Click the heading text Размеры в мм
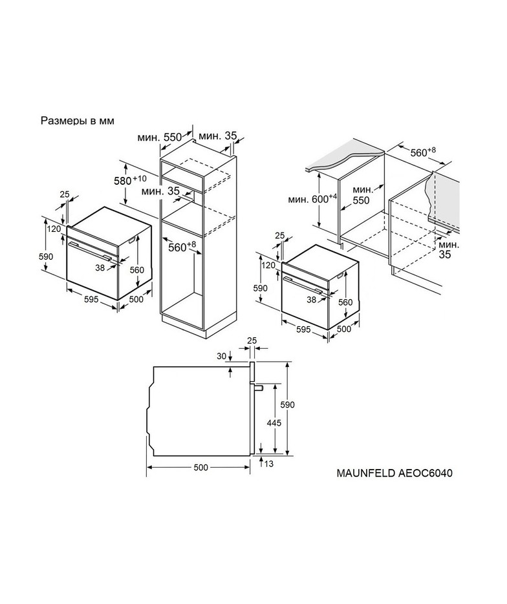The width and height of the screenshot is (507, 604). pos(78,121)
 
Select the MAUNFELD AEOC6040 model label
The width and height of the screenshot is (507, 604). pos(394,473)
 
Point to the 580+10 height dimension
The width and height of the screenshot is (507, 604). pos(131,180)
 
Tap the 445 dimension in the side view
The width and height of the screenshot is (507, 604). pos(274,422)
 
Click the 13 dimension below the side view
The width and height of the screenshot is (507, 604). pos(269,463)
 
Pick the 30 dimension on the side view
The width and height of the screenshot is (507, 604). pos(221,357)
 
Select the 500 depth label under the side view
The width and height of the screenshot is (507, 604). pos(200,467)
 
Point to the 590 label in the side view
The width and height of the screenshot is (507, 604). pos(298,404)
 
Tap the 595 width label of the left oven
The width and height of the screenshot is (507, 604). pos(91,299)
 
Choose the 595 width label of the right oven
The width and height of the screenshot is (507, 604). pos(304,329)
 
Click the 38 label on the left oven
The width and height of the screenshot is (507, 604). pos(100,267)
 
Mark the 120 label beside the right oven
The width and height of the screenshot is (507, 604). pos(268,265)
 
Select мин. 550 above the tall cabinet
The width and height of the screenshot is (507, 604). pos(159,137)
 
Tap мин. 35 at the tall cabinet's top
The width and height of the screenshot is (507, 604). pos(218,136)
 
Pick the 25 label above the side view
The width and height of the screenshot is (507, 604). pos(252,340)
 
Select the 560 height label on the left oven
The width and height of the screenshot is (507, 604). pos(137,270)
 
